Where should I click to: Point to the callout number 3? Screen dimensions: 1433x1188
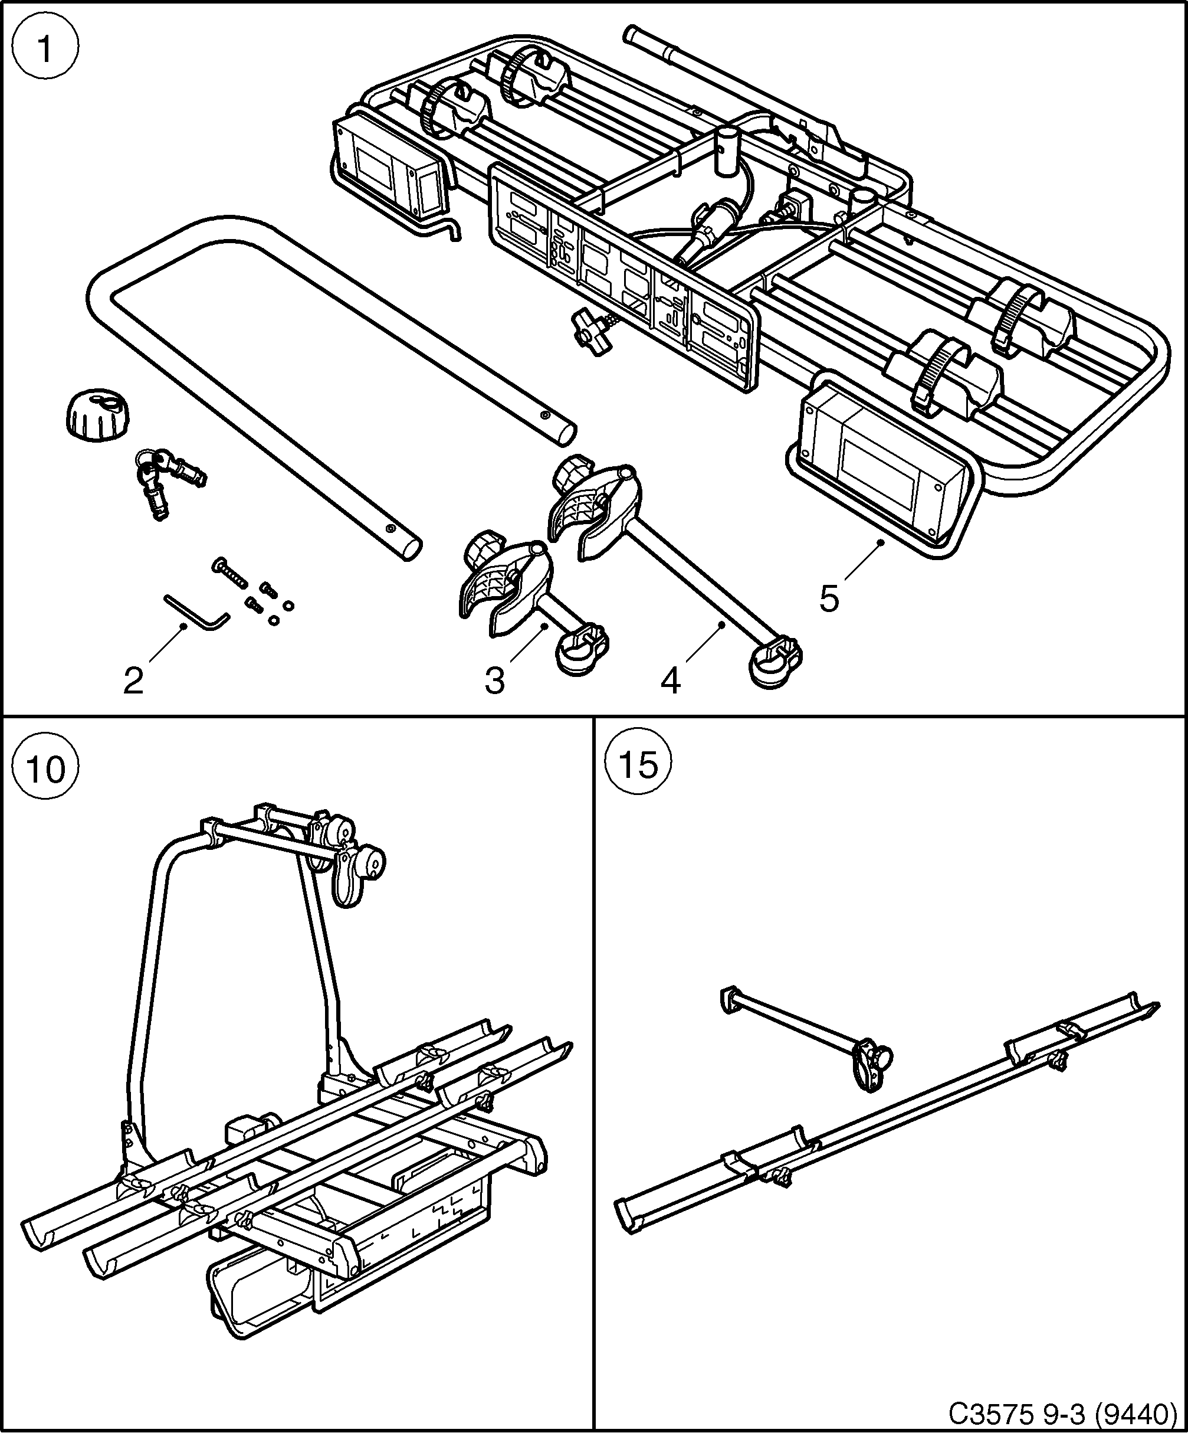494,680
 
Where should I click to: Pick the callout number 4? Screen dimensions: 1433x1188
670,680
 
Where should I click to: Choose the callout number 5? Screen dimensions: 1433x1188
829,598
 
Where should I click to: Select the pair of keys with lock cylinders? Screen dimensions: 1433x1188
167,477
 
